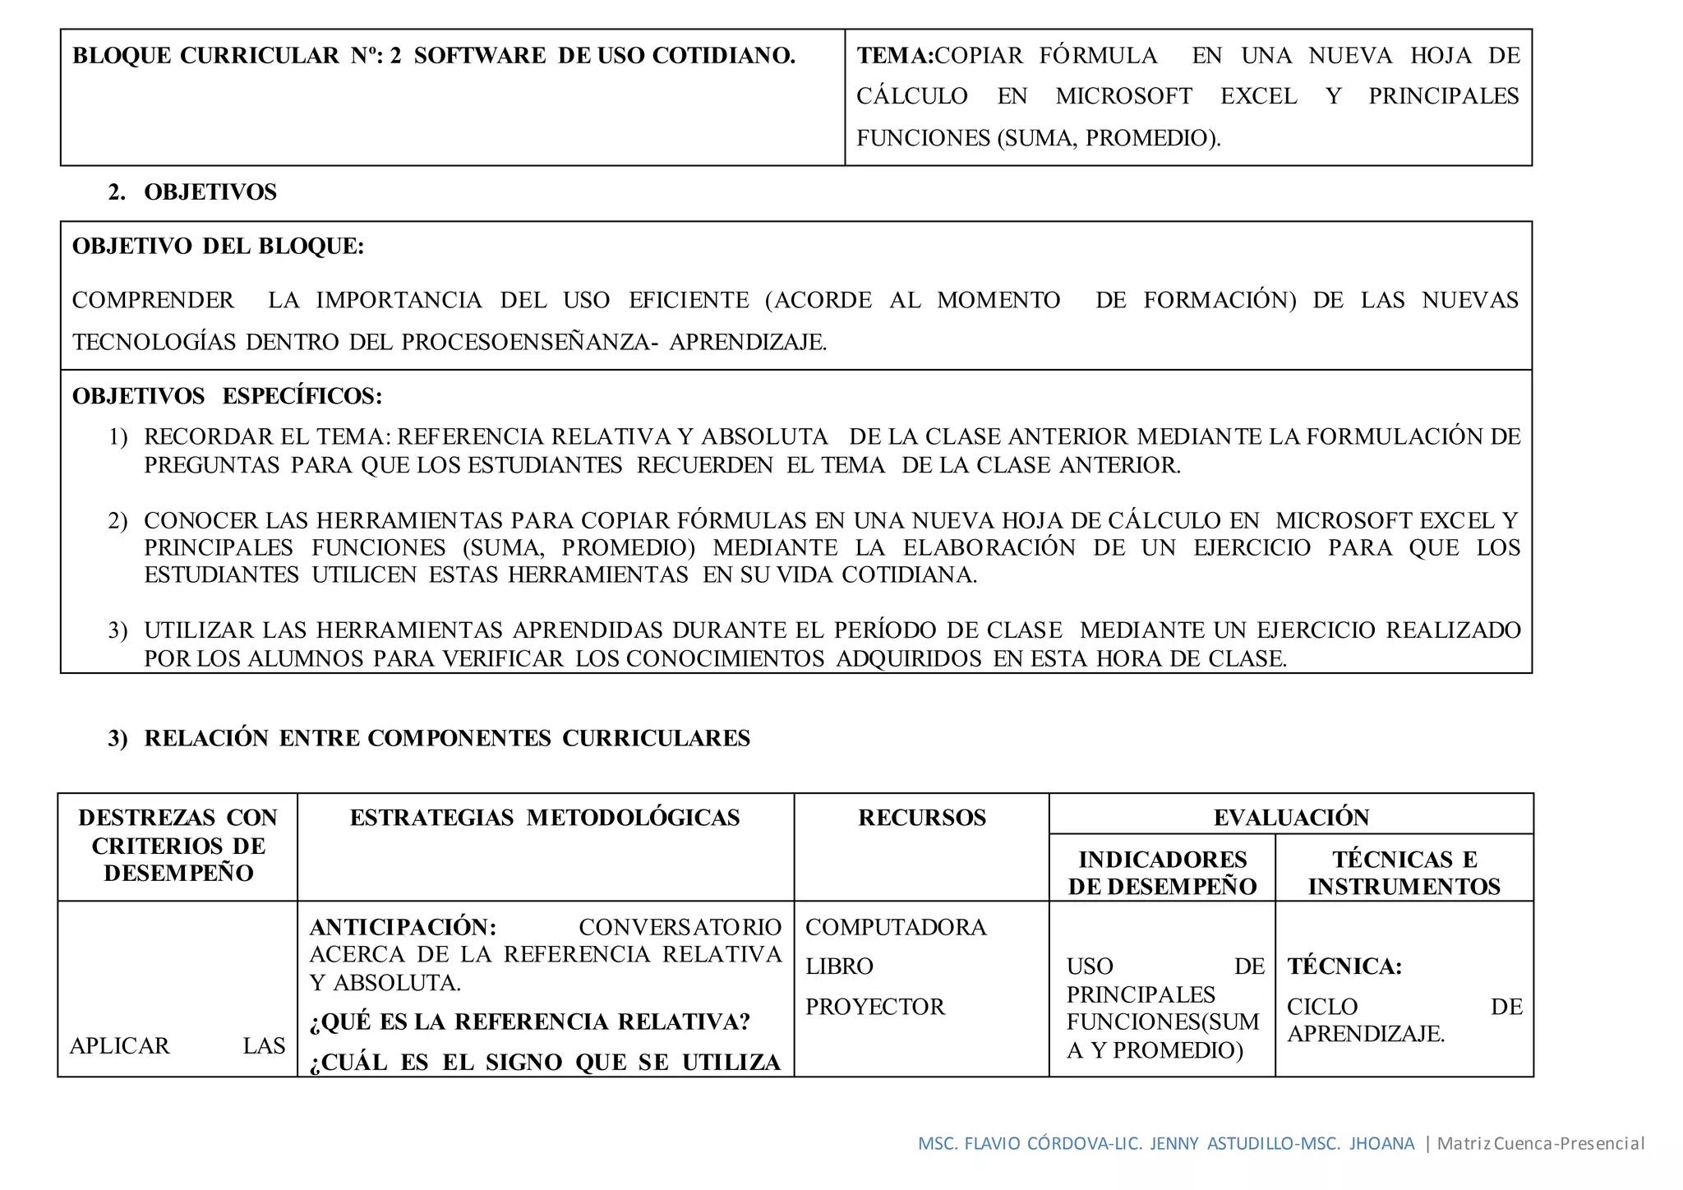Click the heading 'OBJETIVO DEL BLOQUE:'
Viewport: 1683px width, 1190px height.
pos(218,247)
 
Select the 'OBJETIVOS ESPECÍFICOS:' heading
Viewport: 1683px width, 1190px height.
pos(227,396)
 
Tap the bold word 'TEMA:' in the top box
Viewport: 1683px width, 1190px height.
pos(895,56)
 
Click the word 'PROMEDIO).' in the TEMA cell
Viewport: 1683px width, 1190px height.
pos(1153,138)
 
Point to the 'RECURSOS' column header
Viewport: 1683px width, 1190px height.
pos(922,818)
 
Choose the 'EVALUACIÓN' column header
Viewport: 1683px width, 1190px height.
pos(1291,818)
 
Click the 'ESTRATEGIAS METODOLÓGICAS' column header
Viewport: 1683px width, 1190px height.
pos(545,818)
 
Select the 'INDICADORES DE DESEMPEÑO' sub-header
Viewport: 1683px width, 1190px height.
pos(1162,873)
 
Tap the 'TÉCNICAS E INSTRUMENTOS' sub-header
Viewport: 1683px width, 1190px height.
pos(1404,873)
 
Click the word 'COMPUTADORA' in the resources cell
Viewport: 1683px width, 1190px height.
pos(896,927)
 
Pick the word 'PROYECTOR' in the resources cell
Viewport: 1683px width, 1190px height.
pos(875,1007)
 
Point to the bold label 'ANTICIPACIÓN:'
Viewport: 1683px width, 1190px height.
pos(403,927)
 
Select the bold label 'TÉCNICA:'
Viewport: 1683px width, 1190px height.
pos(1344,966)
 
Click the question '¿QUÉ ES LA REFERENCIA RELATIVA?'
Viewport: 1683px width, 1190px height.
pos(530,1022)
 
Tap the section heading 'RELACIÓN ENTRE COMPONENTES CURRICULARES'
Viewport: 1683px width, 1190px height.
pos(447,738)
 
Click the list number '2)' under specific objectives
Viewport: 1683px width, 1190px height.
pos(118,521)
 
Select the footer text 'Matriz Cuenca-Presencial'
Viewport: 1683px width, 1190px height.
pos(1540,1143)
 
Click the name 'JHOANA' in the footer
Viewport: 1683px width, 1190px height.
pos(1381,1143)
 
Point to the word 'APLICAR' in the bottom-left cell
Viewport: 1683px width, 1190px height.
pos(120,1046)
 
